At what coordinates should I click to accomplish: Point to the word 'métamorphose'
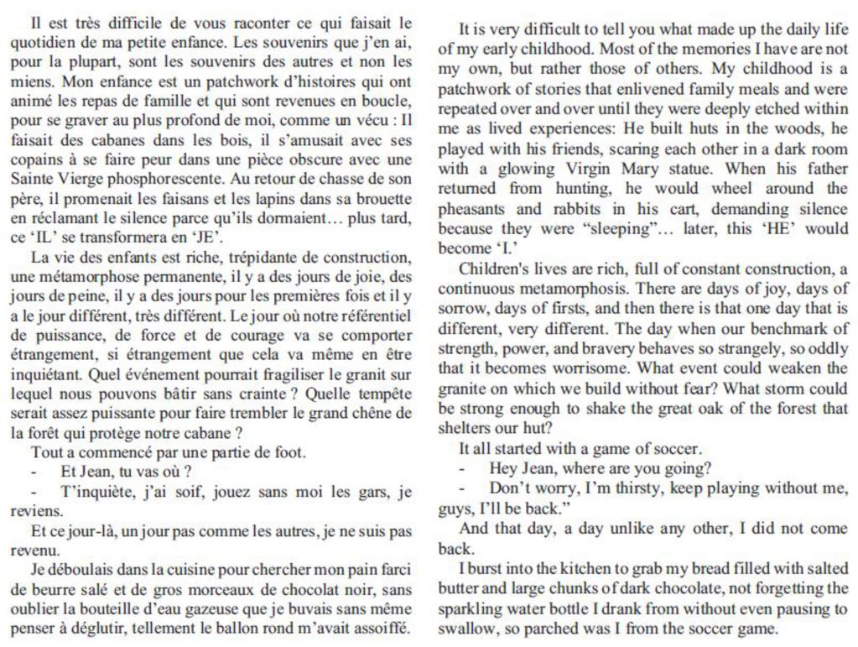tap(79, 276)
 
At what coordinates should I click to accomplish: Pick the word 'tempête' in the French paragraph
tap(384, 393)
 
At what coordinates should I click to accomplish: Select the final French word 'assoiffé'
tap(383, 628)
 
